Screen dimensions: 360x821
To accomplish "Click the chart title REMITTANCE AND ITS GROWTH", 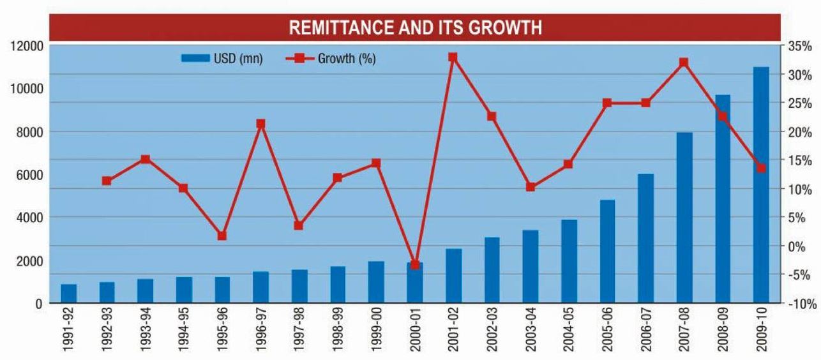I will click(x=416, y=28).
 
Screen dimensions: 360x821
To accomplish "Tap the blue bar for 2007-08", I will click(x=684, y=218).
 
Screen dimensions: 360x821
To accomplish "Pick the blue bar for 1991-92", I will click(x=68, y=294).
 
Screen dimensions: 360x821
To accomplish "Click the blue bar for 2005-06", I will click(x=607, y=251).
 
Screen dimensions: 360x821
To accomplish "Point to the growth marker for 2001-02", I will click(x=453, y=57).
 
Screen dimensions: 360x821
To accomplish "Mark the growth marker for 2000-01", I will click(x=415, y=264).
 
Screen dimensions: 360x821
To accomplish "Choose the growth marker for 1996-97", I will click(x=260, y=124).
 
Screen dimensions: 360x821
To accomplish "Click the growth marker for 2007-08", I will click(x=684, y=63).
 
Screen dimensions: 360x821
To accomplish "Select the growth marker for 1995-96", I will click(x=222, y=236).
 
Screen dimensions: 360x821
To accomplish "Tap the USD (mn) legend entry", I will click(x=222, y=59).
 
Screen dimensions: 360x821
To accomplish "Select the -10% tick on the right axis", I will click(x=802, y=304).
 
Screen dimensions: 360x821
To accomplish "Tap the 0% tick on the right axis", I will click(x=797, y=246).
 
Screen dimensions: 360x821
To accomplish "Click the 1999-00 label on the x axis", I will click(x=376, y=333).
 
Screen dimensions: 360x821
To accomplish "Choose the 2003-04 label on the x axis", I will click(x=530, y=333).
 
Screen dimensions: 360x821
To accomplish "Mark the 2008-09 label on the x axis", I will click(x=723, y=333).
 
